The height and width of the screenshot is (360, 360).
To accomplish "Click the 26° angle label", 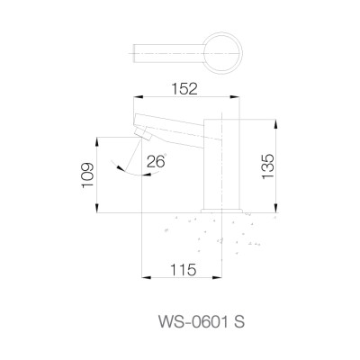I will [x=156, y=163].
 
